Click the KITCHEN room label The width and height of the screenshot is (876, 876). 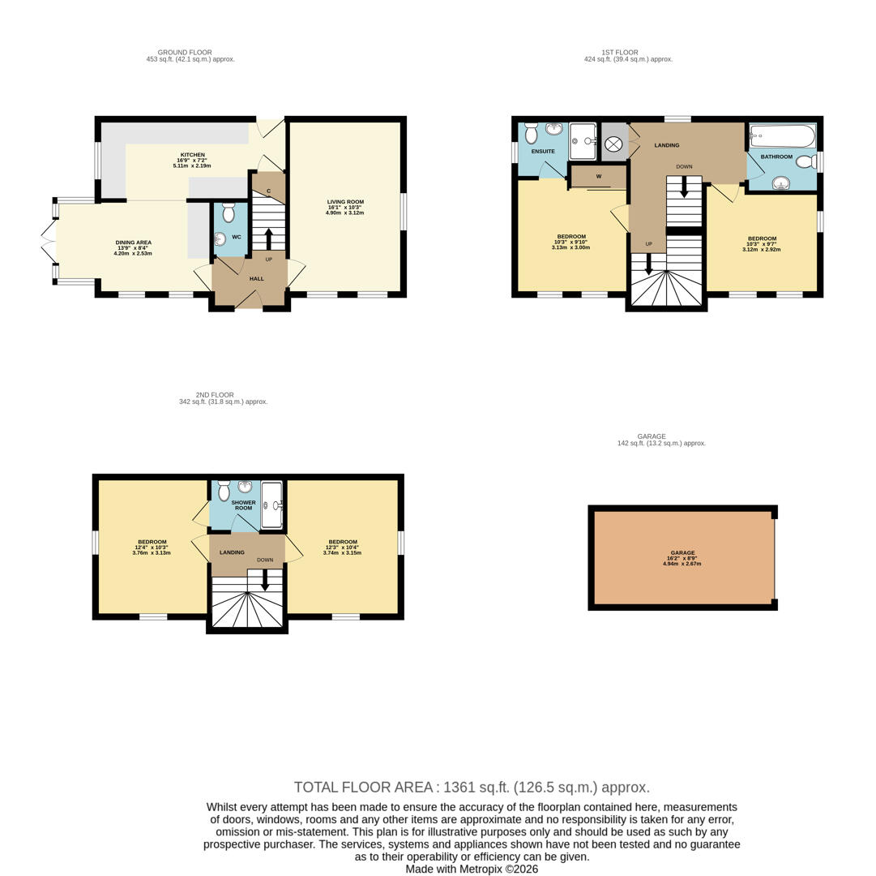point(192,155)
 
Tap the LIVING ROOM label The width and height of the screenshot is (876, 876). point(345,202)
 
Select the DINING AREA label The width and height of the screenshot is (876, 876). point(133,243)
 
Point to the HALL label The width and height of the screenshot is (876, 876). point(257,279)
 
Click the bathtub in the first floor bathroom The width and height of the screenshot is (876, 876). point(782,135)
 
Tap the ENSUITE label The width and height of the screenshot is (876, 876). point(543,152)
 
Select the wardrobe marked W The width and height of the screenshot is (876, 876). point(599,176)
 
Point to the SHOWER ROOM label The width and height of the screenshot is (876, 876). point(244,505)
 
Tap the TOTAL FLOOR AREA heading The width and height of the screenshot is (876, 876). point(472,788)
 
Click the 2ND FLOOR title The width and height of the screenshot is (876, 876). point(215,395)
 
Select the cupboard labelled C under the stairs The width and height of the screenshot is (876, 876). point(269,191)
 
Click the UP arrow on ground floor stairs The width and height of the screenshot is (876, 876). point(269,239)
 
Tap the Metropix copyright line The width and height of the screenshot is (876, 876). point(472,870)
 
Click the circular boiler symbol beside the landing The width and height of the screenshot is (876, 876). point(613,144)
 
